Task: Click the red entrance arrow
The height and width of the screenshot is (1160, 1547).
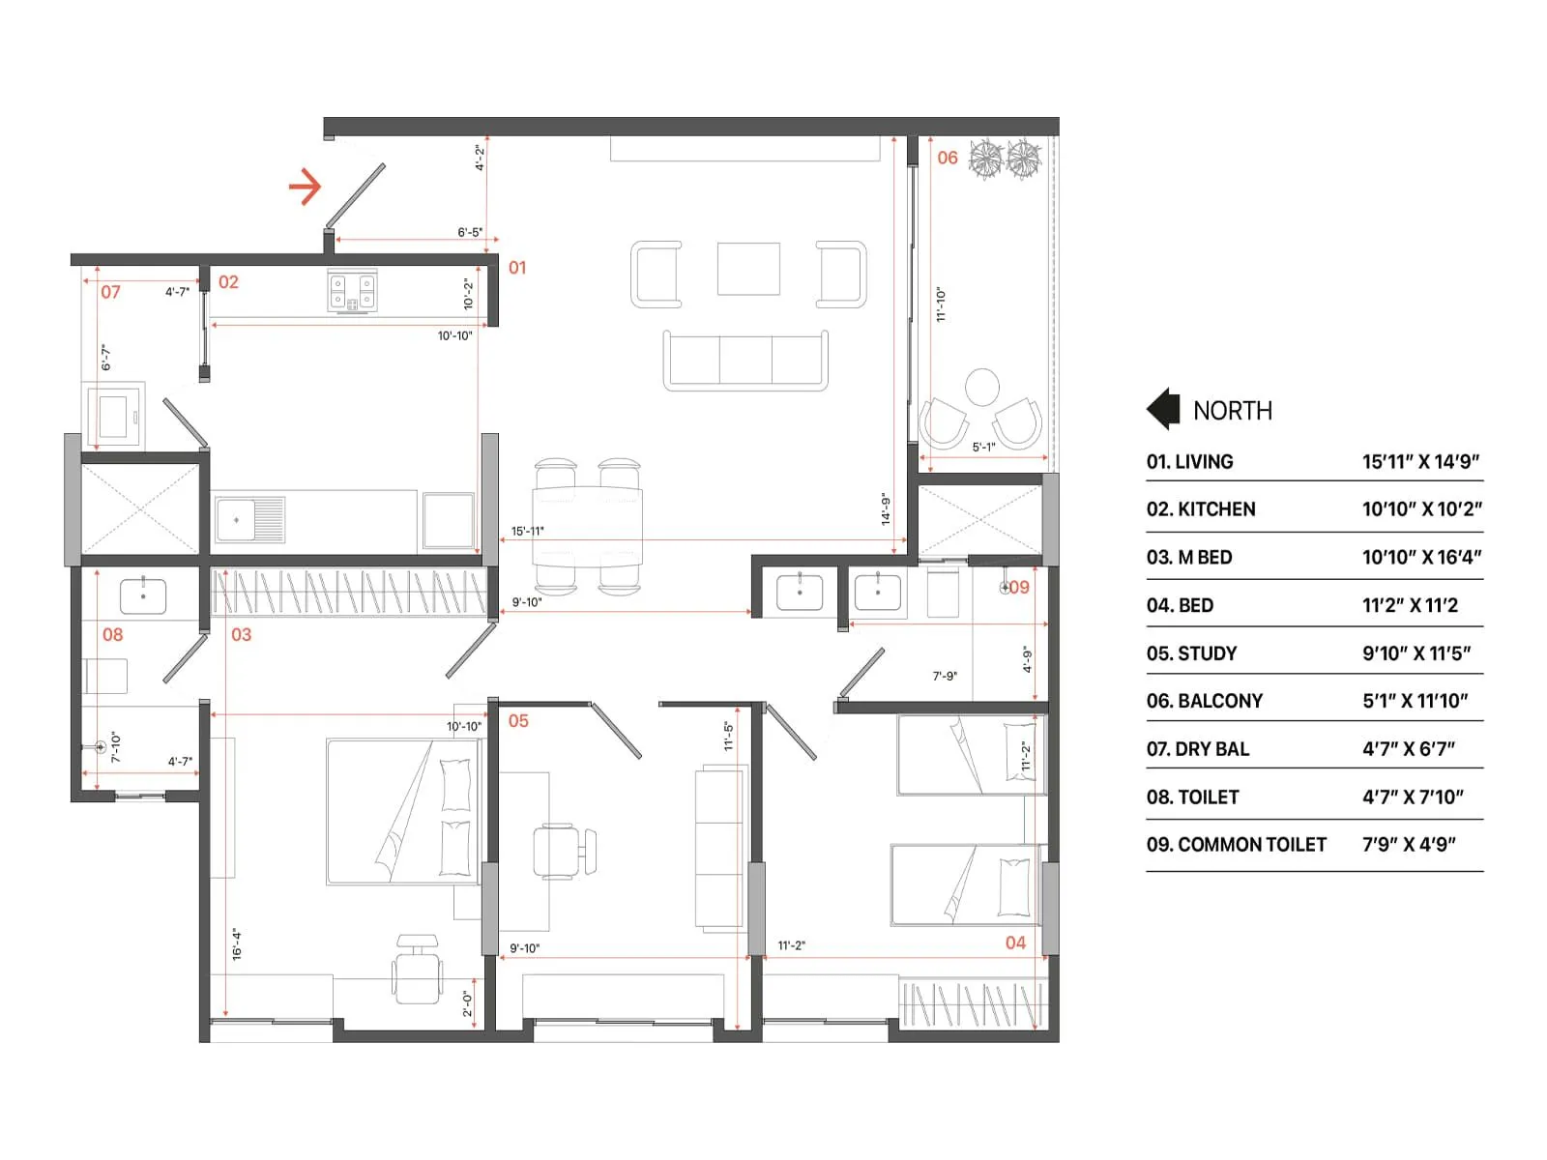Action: coord(306,187)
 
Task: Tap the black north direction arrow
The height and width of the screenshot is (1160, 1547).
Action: coord(1163,409)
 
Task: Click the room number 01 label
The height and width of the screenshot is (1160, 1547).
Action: coord(517,268)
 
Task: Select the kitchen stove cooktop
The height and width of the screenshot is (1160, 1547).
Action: coord(352,292)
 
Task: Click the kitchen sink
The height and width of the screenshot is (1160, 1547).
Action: coord(249,520)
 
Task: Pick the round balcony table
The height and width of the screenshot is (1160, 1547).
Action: coord(982,387)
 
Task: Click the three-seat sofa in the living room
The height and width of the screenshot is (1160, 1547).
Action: coord(745,361)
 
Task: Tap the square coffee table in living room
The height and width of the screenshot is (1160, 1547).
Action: coord(748,269)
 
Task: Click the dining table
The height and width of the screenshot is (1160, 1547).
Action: coord(587,527)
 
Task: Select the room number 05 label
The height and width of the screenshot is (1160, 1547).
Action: coord(518,721)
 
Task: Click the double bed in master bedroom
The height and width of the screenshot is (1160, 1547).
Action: coord(403,812)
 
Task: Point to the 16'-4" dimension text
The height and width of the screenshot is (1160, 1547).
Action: coord(237,944)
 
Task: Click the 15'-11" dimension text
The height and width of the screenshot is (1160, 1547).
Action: coord(528,531)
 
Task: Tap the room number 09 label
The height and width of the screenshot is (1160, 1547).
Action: coord(1019,587)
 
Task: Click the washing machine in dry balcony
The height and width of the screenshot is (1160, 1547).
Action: coord(115,416)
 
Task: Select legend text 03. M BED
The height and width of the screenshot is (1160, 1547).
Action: coord(1189,558)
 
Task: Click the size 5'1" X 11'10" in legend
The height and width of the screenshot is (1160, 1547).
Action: coord(1415,701)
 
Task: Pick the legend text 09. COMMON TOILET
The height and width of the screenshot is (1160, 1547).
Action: coord(1236,845)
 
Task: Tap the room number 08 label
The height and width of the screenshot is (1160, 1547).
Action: coord(113,635)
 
